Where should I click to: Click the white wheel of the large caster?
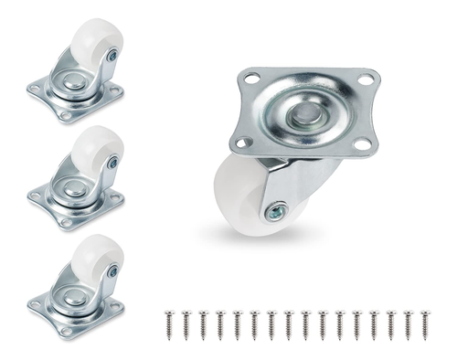pos(239,197)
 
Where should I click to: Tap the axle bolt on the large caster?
pos(274,213)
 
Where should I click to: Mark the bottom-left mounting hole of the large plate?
pos(241,143)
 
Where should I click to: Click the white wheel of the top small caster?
pos(92,41)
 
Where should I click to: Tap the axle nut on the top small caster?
pos(111,56)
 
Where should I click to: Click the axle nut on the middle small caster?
pos(111,164)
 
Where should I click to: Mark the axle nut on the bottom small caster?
pos(112,271)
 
